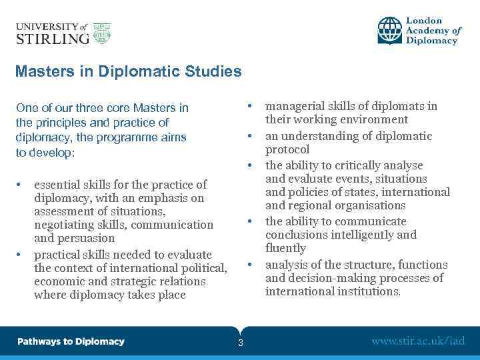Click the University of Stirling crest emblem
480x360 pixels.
101,33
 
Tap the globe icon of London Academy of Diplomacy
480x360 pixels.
390,30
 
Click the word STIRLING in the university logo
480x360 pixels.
52,39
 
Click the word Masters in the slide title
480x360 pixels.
40,71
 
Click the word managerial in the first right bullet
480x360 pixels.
293,106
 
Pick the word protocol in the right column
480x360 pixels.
287,149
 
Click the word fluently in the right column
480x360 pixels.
285,248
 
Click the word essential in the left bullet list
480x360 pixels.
58,185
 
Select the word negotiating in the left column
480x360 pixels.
64,225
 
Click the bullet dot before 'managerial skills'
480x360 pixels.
249,106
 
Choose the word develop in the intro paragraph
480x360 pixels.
53,152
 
